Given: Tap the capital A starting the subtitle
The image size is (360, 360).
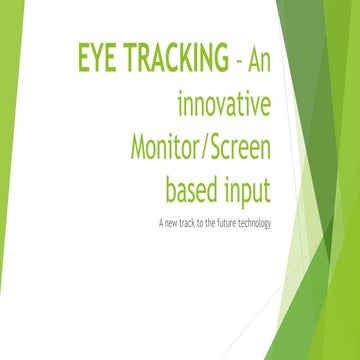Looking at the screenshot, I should (161, 221).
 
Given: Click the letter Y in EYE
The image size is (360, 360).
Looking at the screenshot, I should (97, 60).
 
